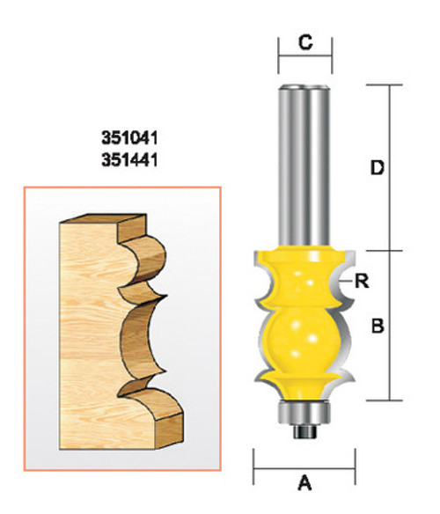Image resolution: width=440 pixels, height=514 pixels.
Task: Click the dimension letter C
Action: pyautogui.click(x=304, y=40)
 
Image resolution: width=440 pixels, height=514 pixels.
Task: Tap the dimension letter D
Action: pyautogui.click(x=378, y=168)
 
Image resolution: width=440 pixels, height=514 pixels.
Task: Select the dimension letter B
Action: pyautogui.click(x=378, y=327)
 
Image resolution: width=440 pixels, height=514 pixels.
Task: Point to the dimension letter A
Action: pyautogui.click(x=305, y=481)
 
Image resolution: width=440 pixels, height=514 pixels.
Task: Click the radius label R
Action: pyautogui.click(x=360, y=282)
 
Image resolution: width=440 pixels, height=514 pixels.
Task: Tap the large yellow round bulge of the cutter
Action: pyautogui.click(x=304, y=338)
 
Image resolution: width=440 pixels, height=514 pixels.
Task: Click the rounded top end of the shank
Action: pyautogui.click(x=304, y=86)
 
